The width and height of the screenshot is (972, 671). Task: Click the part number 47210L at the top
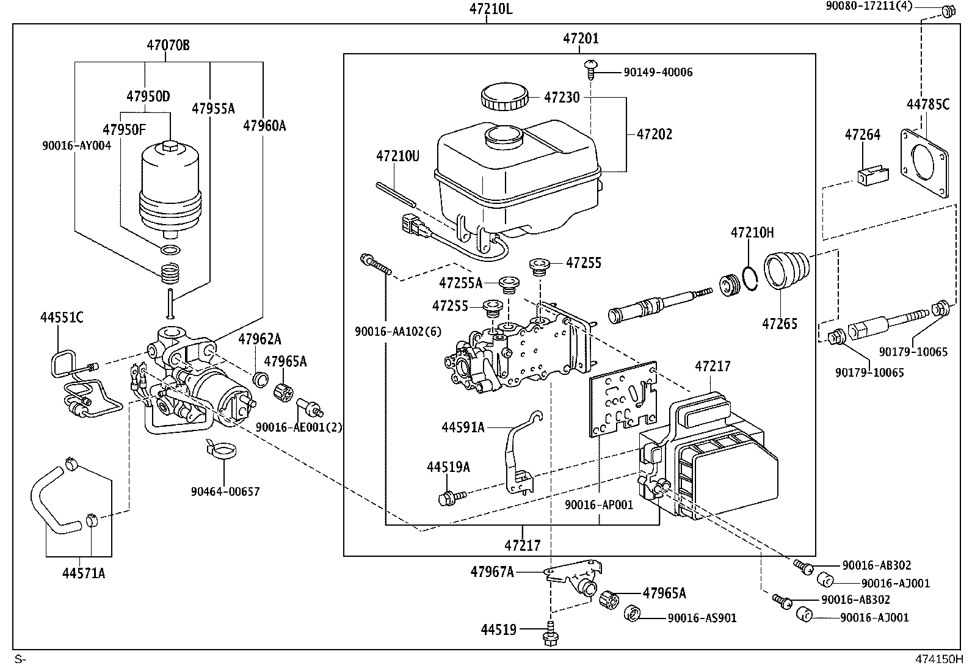tap(491, 9)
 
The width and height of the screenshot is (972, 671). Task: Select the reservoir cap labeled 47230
tap(505, 97)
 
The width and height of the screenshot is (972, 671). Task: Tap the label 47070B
tap(168, 45)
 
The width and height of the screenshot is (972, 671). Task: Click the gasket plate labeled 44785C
tap(925, 163)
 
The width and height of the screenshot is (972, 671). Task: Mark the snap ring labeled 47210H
tap(750, 278)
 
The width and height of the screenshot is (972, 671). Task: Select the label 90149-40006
tap(658, 73)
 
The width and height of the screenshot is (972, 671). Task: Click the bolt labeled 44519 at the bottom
tap(550, 633)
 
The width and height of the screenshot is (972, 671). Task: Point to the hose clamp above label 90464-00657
tap(221, 449)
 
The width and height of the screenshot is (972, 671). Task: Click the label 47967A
tap(492, 572)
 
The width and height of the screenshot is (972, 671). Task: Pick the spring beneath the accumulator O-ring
tap(170, 273)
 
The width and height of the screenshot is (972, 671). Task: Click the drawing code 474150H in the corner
tap(938, 659)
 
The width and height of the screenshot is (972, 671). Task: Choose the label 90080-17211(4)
tap(869, 6)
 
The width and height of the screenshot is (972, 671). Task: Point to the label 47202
tap(655, 134)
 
